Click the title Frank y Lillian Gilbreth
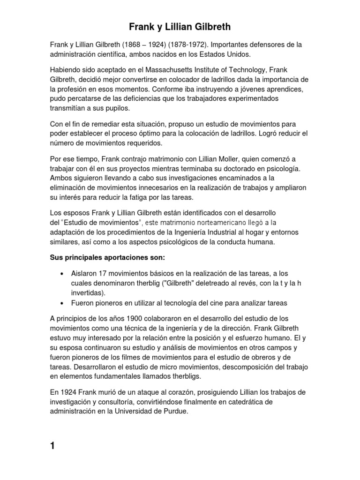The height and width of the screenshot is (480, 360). (180, 27)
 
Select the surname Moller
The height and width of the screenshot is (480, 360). (211, 159)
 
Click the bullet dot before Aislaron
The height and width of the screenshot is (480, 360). (62, 274)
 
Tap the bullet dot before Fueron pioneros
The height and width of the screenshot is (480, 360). (62, 303)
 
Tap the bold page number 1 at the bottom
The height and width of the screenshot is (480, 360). (53, 446)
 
